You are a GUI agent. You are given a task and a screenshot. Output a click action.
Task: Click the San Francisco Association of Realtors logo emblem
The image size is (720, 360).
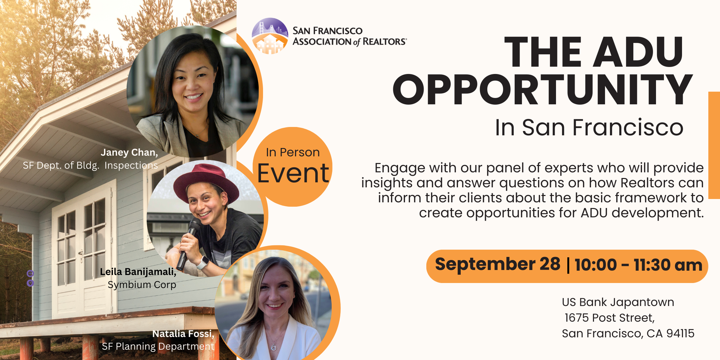click(x=270, y=36)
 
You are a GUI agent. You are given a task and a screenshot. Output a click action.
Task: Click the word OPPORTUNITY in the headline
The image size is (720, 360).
click(x=543, y=90)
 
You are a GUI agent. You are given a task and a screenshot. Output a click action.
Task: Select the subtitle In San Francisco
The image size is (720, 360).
click(x=589, y=127)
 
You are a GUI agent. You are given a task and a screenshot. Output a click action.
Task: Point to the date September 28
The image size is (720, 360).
click(x=498, y=264)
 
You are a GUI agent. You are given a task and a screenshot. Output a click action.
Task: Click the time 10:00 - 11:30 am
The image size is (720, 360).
click(x=638, y=265)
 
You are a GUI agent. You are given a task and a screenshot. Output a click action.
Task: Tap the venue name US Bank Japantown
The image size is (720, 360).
click(x=618, y=302)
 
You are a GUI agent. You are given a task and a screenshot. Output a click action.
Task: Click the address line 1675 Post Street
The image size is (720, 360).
click(x=610, y=318)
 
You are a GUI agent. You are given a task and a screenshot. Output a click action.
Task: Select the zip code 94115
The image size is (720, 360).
click(x=680, y=333)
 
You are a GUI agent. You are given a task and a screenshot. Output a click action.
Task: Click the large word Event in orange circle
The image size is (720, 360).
click(x=293, y=173)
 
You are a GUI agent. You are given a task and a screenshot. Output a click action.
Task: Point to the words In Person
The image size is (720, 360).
click(x=293, y=152)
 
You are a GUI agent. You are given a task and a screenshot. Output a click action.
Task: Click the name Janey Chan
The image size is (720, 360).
click(x=129, y=153)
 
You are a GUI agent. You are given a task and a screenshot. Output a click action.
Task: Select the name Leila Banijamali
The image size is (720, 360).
click(x=138, y=272)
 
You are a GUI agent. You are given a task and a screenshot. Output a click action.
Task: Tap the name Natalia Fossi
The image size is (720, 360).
click(x=183, y=334)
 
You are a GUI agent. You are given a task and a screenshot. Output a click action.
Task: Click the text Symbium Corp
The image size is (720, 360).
click(x=142, y=285)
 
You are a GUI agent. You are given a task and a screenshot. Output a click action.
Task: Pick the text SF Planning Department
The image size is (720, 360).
click(x=158, y=347)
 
